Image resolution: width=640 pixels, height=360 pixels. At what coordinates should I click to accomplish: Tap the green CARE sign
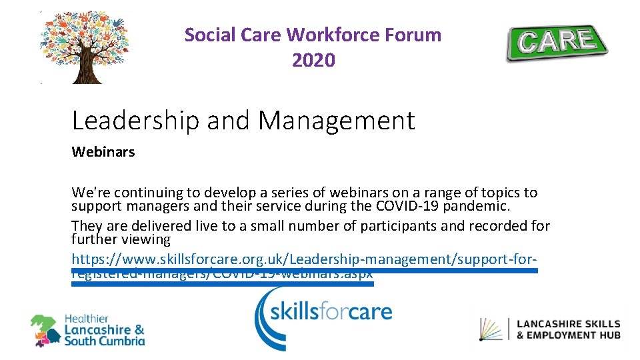(x=557, y=43)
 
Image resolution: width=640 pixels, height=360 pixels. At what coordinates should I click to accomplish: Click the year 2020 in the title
(x=313, y=61)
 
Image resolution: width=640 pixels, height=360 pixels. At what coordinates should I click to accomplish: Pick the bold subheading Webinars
(x=103, y=152)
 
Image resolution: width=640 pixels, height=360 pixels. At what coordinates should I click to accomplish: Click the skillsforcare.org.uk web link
(x=304, y=259)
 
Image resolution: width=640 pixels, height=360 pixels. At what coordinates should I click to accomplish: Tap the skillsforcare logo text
(x=331, y=310)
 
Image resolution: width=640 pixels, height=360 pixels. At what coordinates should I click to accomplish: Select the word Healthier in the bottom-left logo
(x=87, y=319)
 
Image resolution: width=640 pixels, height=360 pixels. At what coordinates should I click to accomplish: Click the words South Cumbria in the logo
(x=104, y=341)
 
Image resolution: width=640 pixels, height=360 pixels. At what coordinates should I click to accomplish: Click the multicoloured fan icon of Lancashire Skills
(x=491, y=329)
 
